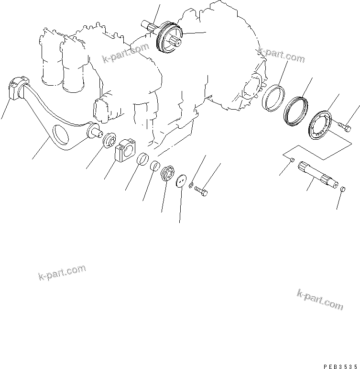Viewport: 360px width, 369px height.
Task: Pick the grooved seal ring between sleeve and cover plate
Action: [296, 112]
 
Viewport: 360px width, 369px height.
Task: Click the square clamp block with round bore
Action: [126, 149]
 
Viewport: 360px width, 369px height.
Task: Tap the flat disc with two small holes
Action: [181, 181]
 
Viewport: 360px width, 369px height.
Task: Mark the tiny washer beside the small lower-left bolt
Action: [191, 185]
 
